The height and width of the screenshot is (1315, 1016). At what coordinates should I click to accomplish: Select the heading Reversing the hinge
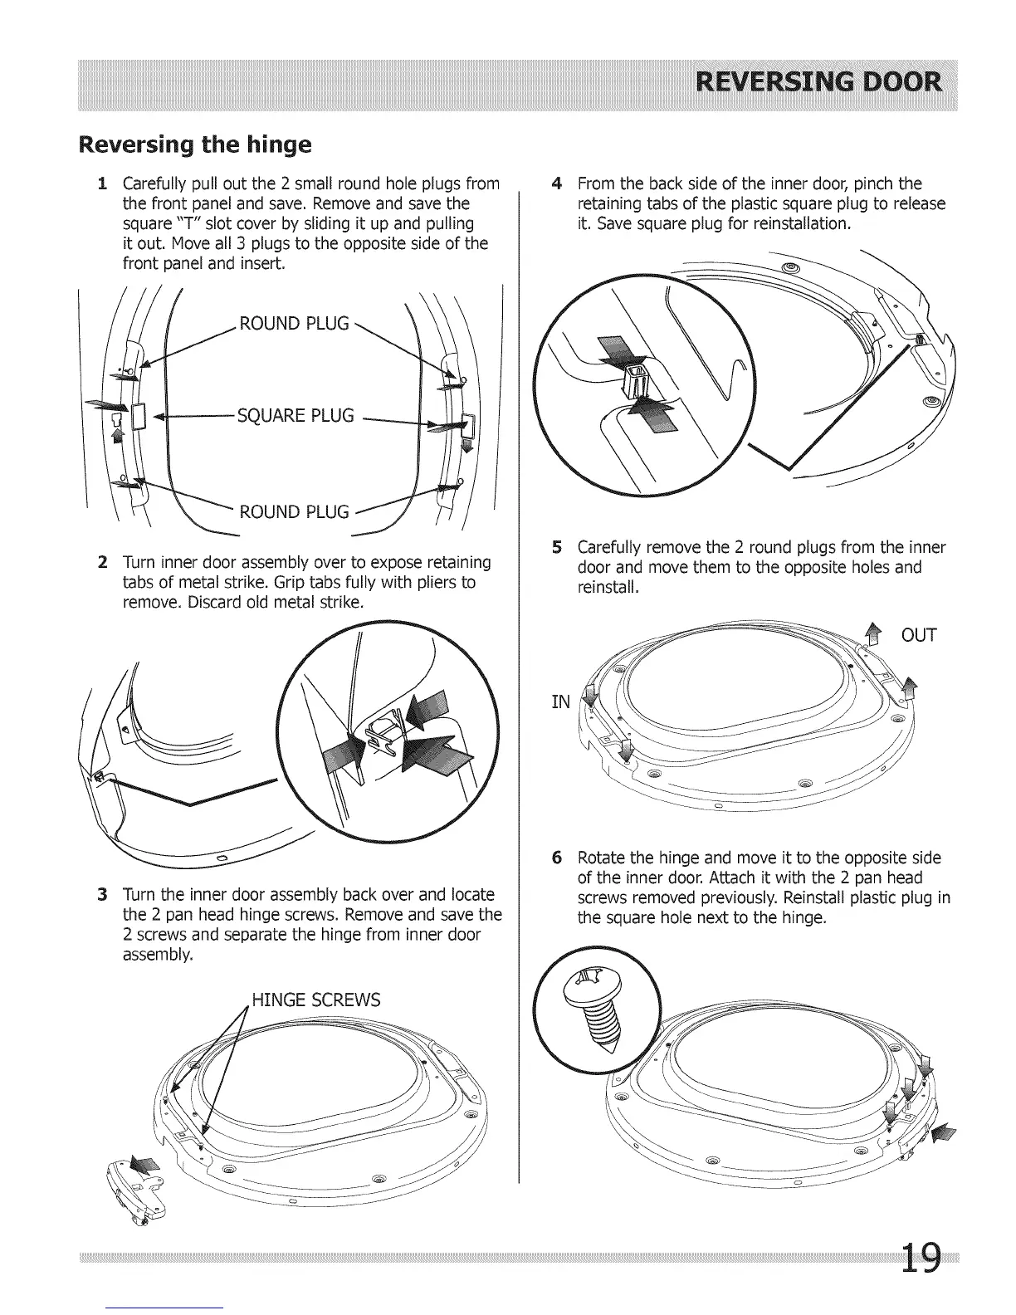195,145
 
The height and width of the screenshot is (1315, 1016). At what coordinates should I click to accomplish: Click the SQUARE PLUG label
296,415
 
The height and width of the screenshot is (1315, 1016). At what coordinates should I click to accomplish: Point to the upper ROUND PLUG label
294,324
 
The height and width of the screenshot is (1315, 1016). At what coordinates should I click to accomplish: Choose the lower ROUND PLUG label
294,511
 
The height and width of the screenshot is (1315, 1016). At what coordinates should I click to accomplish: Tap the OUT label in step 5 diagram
919,636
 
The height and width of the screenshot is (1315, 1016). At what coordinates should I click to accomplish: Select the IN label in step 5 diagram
562,702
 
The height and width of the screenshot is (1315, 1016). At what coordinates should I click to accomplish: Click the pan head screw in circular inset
595,1008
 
